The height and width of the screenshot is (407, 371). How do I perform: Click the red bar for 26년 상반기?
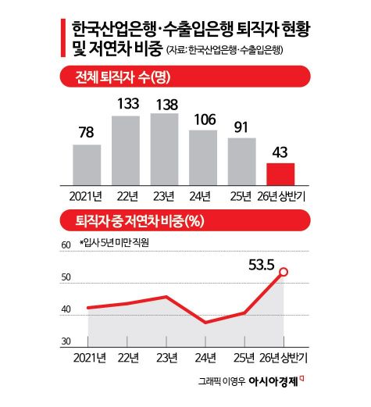tap(280, 174)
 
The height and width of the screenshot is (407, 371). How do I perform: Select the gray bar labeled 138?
tap(164, 149)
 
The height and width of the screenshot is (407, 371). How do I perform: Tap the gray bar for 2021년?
tap(87, 165)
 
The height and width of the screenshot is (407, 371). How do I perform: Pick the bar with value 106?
tap(203, 158)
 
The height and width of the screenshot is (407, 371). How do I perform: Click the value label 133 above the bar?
tap(128, 103)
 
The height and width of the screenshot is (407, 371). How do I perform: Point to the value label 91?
tap(241, 127)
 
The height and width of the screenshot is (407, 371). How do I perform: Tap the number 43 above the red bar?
tap(280, 152)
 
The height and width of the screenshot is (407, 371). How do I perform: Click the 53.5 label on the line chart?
tap(262, 265)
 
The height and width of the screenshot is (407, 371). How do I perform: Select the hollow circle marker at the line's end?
tap(284, 272)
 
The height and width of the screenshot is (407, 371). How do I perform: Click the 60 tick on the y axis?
tap(66, 245)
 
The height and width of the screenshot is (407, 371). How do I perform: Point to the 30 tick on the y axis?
tap(66, 341)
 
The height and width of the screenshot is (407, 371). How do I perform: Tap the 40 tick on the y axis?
tap(66, 309)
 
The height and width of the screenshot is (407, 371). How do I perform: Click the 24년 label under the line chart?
tap(205, 358)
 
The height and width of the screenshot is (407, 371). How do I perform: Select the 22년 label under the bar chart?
tap(127, 196)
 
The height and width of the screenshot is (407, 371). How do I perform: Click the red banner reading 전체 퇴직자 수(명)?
tap(185, 77)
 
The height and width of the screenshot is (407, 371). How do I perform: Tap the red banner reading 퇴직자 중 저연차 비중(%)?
tap(185, 220)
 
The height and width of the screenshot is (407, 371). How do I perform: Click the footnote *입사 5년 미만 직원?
tap(114, 243)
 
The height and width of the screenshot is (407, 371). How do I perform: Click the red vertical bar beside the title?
tap(63, 37)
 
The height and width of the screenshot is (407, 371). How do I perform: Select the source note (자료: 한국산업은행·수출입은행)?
tap(224, 50)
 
